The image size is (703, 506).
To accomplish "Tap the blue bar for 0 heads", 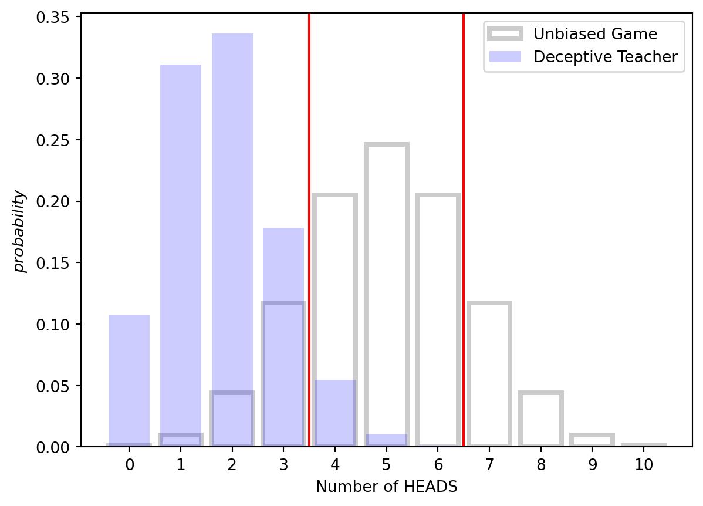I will click(x=129, y=382).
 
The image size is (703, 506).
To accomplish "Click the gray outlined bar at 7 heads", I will click(x=489, y=376).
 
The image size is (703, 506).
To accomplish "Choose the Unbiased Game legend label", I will click(x=595, y=34).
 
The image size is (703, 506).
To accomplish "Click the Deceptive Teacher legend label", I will click(x=605, y=57).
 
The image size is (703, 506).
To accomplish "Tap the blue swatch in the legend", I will click(x=505, y=57).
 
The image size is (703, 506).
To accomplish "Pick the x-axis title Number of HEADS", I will click(x=386, y=486).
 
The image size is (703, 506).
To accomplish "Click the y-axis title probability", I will click(x=20, y=231).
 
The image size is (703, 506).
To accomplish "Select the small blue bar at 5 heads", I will click(x=386, y=440).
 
